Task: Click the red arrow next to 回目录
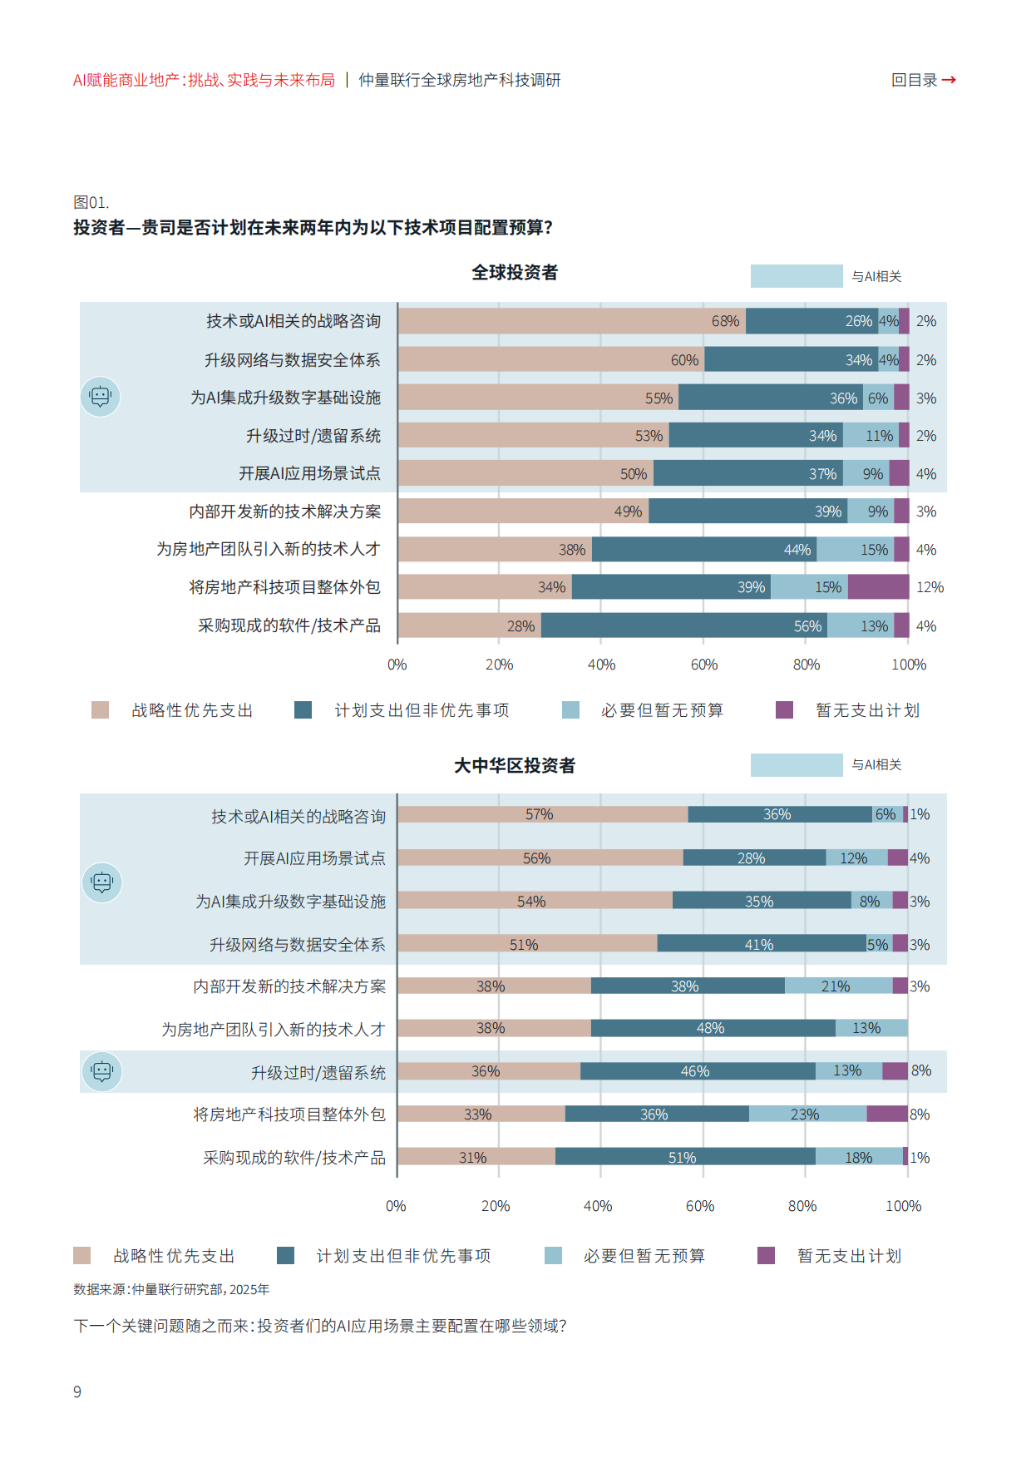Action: (949, 80)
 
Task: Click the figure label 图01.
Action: (91, 202)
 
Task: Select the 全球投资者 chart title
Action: (515, 273)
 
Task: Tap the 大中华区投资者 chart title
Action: (515, 765)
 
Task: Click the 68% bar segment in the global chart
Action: (571, 321)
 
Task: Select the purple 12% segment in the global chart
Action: (878, 587)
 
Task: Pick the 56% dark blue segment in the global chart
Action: (683, 625)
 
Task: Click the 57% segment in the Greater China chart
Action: (542, 814)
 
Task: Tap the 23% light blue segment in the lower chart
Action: (807, 1114)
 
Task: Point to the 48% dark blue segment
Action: (713, 1028)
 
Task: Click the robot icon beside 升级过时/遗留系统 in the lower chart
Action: (102, 1071)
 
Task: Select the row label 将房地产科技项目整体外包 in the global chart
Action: (284, 587)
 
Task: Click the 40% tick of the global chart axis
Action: (601, 665)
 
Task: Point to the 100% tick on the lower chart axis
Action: (903, 1206)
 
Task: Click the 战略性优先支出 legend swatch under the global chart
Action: (100, 709)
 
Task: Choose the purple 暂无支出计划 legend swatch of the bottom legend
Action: (766, 1255)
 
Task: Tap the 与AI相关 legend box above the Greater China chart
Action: (796, 765)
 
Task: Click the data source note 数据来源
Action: (171, 1289)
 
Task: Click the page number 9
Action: (77, 1391)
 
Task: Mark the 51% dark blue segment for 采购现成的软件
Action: (684, 1157)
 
